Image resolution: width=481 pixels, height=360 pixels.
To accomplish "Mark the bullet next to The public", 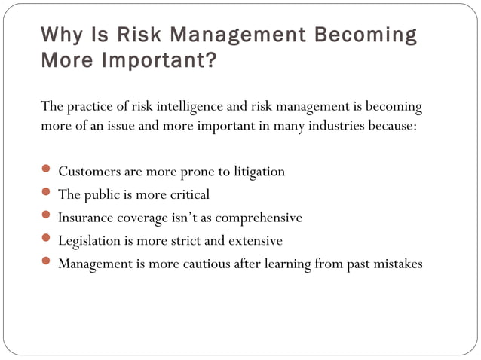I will click(46, 193).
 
